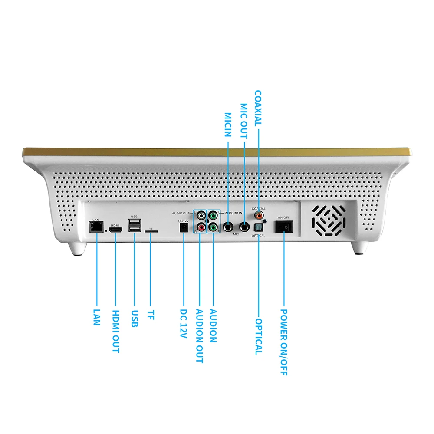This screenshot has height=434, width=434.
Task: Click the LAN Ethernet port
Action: tap(95, 227)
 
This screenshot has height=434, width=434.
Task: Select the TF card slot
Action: tap(151, 232)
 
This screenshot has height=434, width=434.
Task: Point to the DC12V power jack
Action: tap(184, 227)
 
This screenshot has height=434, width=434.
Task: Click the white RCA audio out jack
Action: tap(201, 215)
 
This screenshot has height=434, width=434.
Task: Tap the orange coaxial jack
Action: tap(260, 214)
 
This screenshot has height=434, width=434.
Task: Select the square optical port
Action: tap(259, 227)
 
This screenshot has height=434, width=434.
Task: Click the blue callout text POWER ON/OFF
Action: tap(283, 342)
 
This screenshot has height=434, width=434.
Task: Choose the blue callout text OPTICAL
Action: tap(259, 337)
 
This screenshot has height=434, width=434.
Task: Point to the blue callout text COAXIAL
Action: tap(258, 108)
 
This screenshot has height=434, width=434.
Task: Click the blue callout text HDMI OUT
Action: tap(115, 331)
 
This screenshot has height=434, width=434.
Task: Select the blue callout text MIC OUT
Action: tap(244, 121)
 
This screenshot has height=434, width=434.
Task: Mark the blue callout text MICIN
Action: tap(228, 125)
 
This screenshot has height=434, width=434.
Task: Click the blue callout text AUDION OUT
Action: tap(199, 336)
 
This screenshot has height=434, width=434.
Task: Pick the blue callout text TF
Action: tap(151, 315)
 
